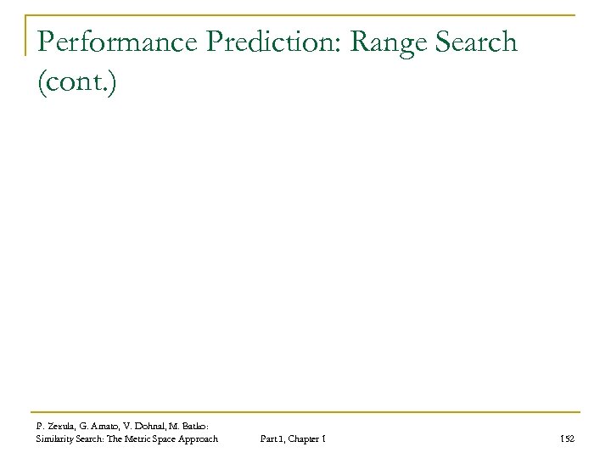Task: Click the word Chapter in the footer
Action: coord(306,438)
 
